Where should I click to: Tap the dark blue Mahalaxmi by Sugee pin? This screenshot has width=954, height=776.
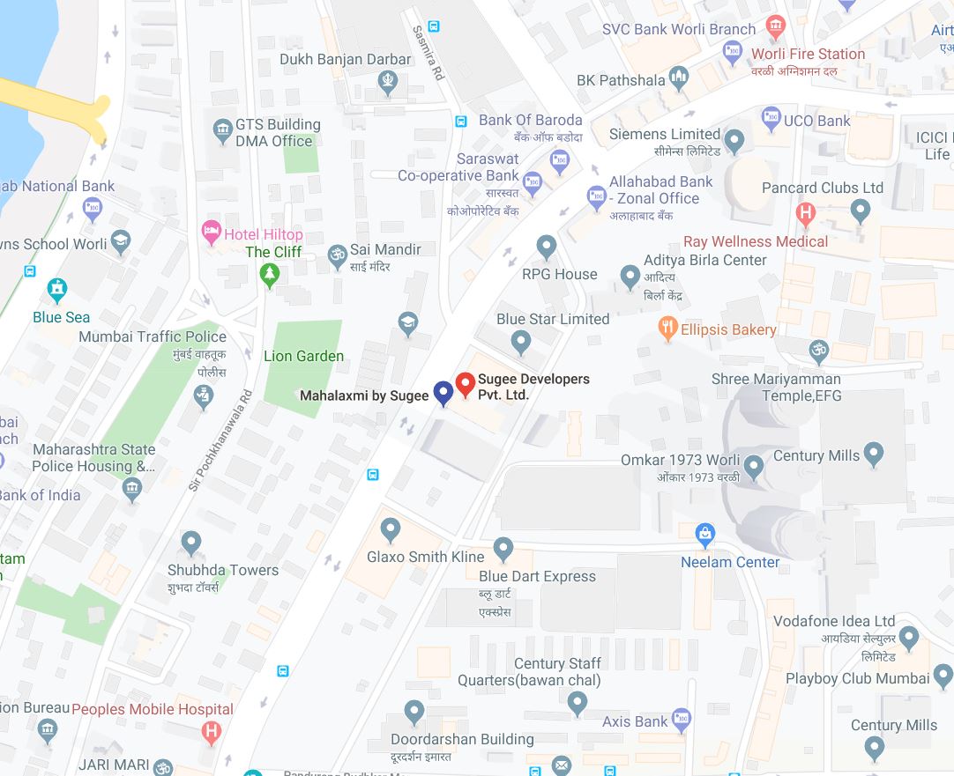[443, 393]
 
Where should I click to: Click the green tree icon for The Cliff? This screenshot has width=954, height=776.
[270, 275]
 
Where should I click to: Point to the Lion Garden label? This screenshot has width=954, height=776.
[303, 356]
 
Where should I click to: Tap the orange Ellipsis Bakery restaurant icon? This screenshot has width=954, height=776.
[667, 329]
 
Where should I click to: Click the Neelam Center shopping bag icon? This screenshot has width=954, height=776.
[704, 534]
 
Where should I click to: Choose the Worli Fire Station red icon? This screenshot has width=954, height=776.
[775, 26]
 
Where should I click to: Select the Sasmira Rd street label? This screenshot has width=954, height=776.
[429, 53]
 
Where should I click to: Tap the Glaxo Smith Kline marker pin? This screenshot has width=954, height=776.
[391, 529]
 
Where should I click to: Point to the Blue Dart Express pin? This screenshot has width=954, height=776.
[503, 549]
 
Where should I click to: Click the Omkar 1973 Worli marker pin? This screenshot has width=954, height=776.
[754, 465]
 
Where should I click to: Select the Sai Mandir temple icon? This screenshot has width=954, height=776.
[337, 256]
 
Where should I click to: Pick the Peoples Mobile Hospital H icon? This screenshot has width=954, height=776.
[211, 730]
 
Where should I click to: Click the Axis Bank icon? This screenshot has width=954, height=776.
[682, 721]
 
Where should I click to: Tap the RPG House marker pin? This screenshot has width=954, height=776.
[547, 247]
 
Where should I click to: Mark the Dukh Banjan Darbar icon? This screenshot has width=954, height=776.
[388, 82]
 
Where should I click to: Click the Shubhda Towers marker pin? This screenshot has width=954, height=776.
[191, 543]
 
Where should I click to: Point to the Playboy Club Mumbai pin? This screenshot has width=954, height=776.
[943, 676]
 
